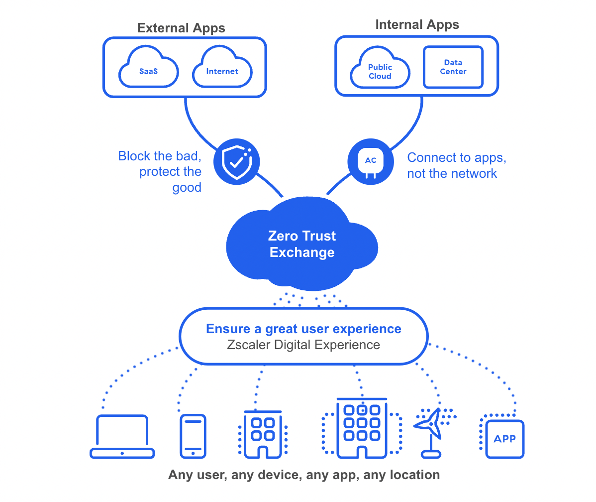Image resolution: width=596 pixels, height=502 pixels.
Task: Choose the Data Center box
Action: (453, 67)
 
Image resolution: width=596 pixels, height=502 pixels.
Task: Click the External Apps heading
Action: (181, 28)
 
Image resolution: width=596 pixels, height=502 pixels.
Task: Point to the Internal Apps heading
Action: (417, 25)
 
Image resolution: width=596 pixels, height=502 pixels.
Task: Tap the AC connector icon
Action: (370, 160)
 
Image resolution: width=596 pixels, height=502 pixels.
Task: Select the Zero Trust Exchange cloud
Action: (301, 244)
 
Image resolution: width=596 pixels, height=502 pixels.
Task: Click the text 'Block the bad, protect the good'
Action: (160, 171)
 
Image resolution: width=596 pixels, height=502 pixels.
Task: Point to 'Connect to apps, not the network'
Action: (457, 165)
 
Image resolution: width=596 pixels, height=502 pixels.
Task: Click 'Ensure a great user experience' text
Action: (303, 329)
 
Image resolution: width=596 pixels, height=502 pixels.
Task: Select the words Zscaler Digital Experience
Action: (303, 345)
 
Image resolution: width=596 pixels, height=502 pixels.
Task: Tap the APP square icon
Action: (504, 438)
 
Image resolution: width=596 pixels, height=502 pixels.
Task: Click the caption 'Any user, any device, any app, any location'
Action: (303, 475)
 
